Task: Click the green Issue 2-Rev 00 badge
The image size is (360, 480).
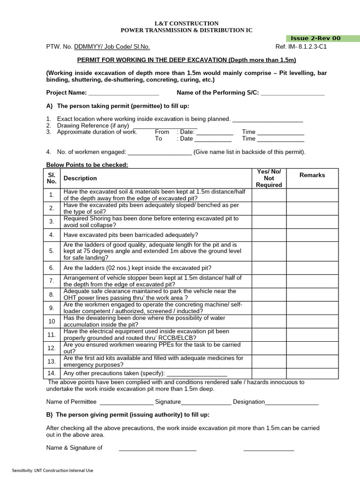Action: pyautogui.click(x=322, y=38)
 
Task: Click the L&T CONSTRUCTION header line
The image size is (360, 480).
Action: pyautogui.click(x=187, y=23)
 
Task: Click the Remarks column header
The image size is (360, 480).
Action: pyautogui.click(x=312, y=175)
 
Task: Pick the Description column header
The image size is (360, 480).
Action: pyautogui.click(x=80, y=178)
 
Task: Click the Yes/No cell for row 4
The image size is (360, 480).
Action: pyautogui.click(x=269, y=235)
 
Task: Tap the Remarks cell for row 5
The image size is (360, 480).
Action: pyautogui.click(x=312, y=251)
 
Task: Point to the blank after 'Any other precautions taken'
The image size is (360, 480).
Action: pyautogui.click(x=197, y=374)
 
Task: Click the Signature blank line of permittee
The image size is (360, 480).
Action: pyautogui.click(x=206, y=402)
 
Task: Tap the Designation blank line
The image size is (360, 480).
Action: pyautogui.click(x=292, y=402)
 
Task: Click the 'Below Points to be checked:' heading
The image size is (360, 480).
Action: pyautogui.click(x=87, y=165)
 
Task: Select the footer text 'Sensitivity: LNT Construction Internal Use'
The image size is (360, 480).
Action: pyautogui.click(x=52, y=470)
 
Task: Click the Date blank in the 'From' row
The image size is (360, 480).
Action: pyautogui.click(x=214, y=132)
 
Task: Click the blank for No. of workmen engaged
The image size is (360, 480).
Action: pyautogui.click(x=160, y=152)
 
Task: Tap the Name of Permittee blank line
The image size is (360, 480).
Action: pyautogui.click(x=126, y=402)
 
